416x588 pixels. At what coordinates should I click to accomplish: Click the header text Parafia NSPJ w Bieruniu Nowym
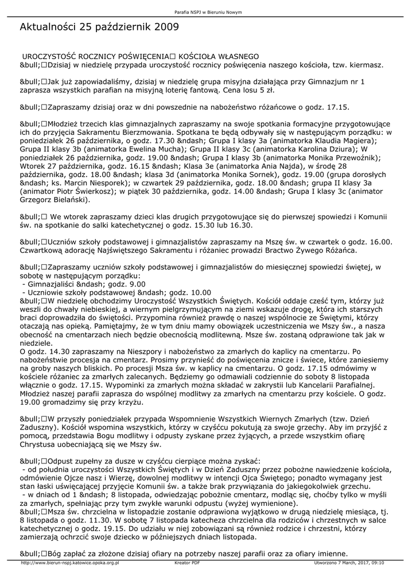point(208,12)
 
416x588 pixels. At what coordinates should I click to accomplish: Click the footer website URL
point(69,563)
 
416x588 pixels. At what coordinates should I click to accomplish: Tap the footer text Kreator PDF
point(187,563)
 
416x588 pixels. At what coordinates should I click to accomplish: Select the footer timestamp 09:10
point(376,563)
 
